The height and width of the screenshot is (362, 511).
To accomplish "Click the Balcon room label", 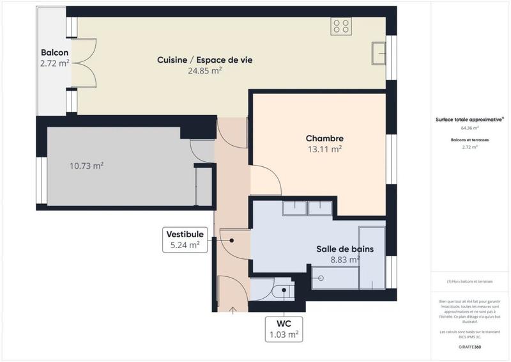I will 54,52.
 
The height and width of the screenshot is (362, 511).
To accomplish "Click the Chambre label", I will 324,138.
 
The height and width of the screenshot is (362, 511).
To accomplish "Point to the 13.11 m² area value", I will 324,149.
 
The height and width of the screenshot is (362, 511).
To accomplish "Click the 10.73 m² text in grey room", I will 86,166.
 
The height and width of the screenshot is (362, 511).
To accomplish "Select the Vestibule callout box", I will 185,239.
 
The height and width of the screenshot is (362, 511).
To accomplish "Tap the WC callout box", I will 283,329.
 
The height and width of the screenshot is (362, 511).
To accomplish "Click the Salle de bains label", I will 345,249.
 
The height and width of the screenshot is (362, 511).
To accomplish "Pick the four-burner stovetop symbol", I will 341,26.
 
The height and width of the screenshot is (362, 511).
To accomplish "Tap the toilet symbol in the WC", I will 282,292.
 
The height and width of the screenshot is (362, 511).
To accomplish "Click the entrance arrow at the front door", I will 233,311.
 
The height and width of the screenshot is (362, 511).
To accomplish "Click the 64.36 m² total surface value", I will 469,128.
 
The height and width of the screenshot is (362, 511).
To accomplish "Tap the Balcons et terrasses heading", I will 469,139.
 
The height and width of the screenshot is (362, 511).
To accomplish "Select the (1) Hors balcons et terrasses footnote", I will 469,281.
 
